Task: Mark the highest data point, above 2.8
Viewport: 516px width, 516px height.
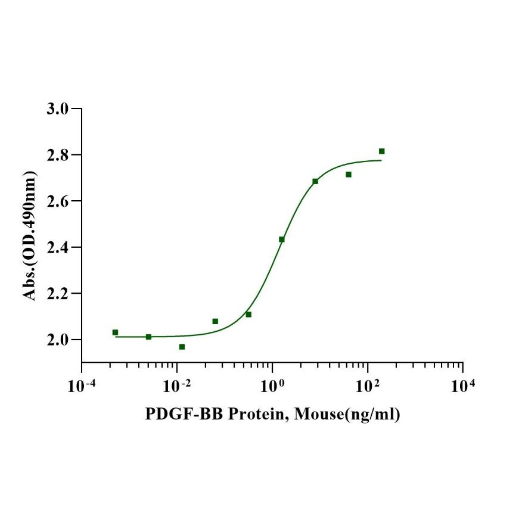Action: (382, 151)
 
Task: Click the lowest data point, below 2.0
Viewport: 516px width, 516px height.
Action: (182, 347)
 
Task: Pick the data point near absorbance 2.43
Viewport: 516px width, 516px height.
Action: (282, 240)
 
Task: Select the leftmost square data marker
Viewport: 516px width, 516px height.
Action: (115, 332)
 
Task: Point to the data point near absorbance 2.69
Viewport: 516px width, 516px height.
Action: (315, 181)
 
